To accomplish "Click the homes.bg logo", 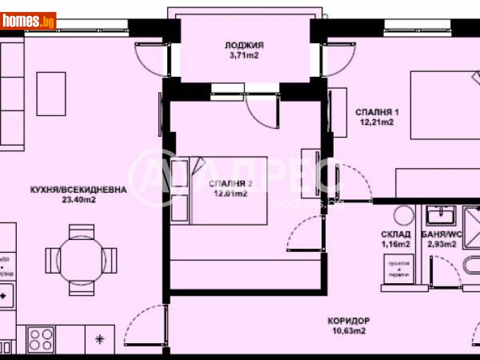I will pyautogui.click(x=28, y=22).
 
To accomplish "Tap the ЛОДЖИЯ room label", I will pyautogui.click(x=245, y=46).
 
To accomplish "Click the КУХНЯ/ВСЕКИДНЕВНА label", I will pyautogui.click(x=79, y=190).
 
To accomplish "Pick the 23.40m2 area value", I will pyautogui.click(x=79, y=200).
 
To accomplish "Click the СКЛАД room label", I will pyautogui.click(x=395, y=234).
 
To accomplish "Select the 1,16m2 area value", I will pyautogui.click(x=395, y=244).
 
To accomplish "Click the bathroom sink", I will pyautogui.click(x=440, y=214).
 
